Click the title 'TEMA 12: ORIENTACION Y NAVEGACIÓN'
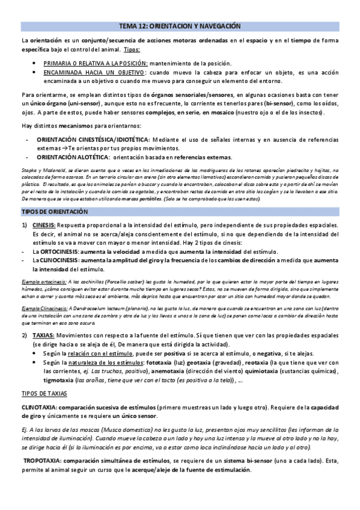pyautogui.click(x=180, y=27)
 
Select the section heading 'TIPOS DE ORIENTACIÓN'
pyautogui.click(x=55, y=212)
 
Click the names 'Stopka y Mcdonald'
pyautogui.click(x=40, y=171)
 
